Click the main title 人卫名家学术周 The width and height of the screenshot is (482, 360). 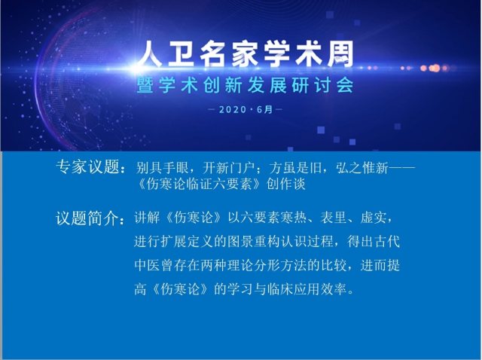pos(246,54)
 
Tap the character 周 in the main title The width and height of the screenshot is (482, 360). pos(340,54)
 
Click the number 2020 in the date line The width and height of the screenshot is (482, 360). pos(233,109)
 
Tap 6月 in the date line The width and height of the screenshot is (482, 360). pos(264,109)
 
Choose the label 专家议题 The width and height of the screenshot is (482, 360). pos(87,167)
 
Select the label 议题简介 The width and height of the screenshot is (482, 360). pos(87,218)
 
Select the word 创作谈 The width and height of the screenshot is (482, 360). pos(286,185)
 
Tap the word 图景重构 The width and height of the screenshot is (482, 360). pos(254,241)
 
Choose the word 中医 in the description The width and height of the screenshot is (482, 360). pos(147,265)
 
